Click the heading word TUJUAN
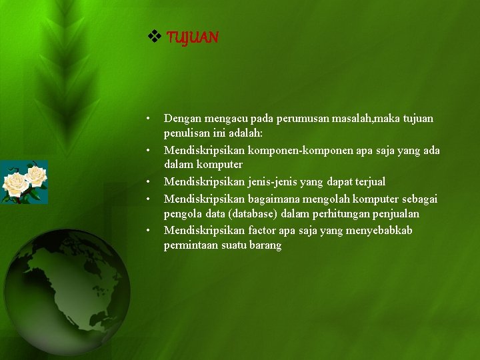[192, 37]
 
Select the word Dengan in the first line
[182, 118]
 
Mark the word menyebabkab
[383, 230]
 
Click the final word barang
[266, 245]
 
